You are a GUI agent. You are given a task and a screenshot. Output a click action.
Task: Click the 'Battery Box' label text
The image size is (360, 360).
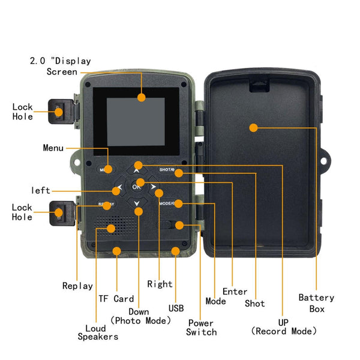316,303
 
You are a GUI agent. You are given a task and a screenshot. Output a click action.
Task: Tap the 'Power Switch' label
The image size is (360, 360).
201,328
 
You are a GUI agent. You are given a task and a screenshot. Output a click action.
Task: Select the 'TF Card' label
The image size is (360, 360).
116,299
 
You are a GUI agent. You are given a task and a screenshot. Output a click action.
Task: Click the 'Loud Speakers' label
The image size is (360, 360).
98,332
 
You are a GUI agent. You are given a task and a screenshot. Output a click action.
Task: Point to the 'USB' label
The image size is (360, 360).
176,308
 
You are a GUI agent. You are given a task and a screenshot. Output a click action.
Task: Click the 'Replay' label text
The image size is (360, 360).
77,286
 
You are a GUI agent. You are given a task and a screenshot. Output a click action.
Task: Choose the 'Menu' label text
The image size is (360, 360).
53,148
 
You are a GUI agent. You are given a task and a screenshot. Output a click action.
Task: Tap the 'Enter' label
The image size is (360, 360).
235,292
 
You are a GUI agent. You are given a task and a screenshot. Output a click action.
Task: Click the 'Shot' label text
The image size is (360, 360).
254,304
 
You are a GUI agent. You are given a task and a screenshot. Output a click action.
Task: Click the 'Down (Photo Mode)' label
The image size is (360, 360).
140,316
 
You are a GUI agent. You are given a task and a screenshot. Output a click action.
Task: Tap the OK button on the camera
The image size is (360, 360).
137,185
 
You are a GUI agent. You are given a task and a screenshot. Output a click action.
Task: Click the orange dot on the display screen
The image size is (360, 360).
142,97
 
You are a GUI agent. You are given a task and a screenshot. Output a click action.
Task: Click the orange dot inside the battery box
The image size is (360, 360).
253,127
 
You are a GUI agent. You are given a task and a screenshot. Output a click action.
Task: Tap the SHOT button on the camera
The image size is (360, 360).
167,170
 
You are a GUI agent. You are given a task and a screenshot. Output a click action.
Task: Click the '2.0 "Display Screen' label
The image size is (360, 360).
61,66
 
